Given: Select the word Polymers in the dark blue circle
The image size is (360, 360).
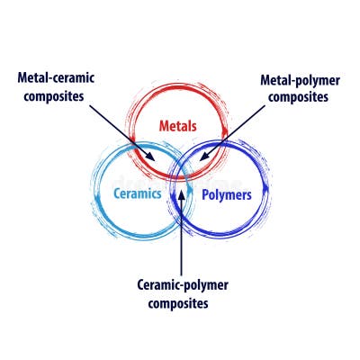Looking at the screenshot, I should pos(225,193).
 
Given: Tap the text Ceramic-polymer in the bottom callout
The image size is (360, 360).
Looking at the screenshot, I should pos(183,286).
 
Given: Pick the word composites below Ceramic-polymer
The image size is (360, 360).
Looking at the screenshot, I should pos(183,303).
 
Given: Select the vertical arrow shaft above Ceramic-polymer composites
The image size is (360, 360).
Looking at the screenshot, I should pos(181,234).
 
